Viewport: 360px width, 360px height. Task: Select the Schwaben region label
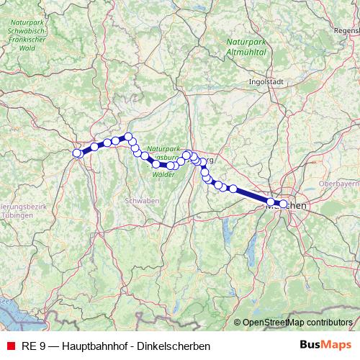[x=142, y=200]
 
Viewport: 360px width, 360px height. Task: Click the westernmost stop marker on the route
[x=77, y=153]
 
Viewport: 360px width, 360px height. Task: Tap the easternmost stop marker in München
[x=283, y=204]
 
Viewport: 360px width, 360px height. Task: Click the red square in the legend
[x=9, y=346]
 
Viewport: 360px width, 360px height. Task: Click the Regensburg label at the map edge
[x=346, y=31]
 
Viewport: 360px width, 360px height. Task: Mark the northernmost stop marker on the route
[x=128, y=137]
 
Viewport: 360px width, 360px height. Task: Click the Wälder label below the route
[x=163, y=174]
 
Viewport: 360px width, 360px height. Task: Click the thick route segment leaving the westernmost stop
[x=86, y=150]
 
